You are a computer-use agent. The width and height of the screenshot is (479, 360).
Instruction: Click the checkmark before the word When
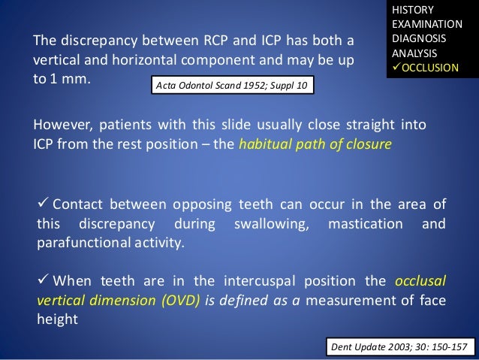click(x=42, y=281)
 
